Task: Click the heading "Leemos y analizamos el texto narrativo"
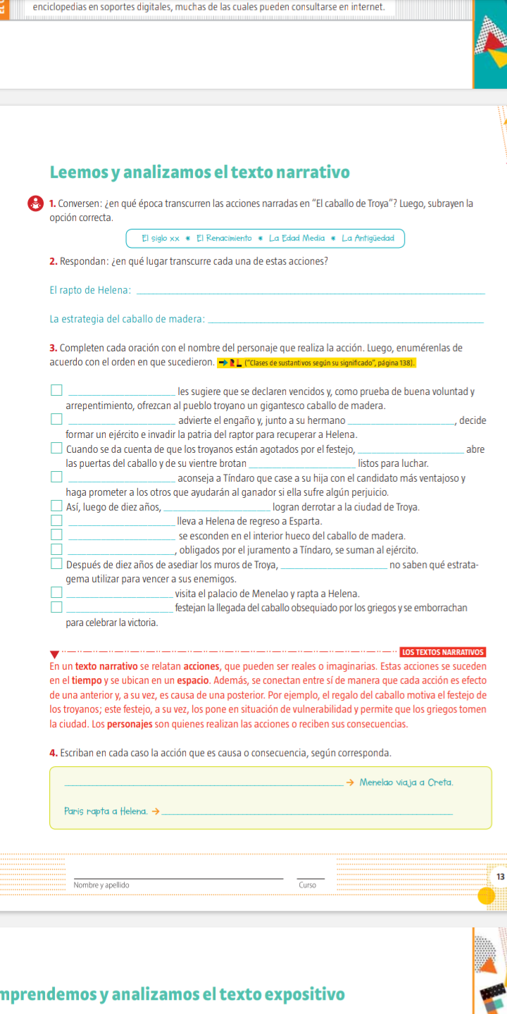[x=199, y=173]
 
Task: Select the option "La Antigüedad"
[x=368, y=238]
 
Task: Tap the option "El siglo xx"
[x=161, y=238]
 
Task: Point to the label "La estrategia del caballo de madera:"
[x=127, y=320]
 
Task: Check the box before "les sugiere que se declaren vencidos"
[x=56, y=389]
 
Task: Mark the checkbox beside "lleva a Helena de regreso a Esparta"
[x=56, y=520]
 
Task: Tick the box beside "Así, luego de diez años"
[x=56, y=506]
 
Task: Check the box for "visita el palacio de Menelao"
[x=56, y=593]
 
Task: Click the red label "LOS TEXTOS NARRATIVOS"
[x=442, y=651]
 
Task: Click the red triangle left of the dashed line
[x=54, y=655]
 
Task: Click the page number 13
[x=500, y=877]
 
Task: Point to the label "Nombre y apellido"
[x=101, y=884]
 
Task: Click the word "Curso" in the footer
[x=307, y=884]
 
